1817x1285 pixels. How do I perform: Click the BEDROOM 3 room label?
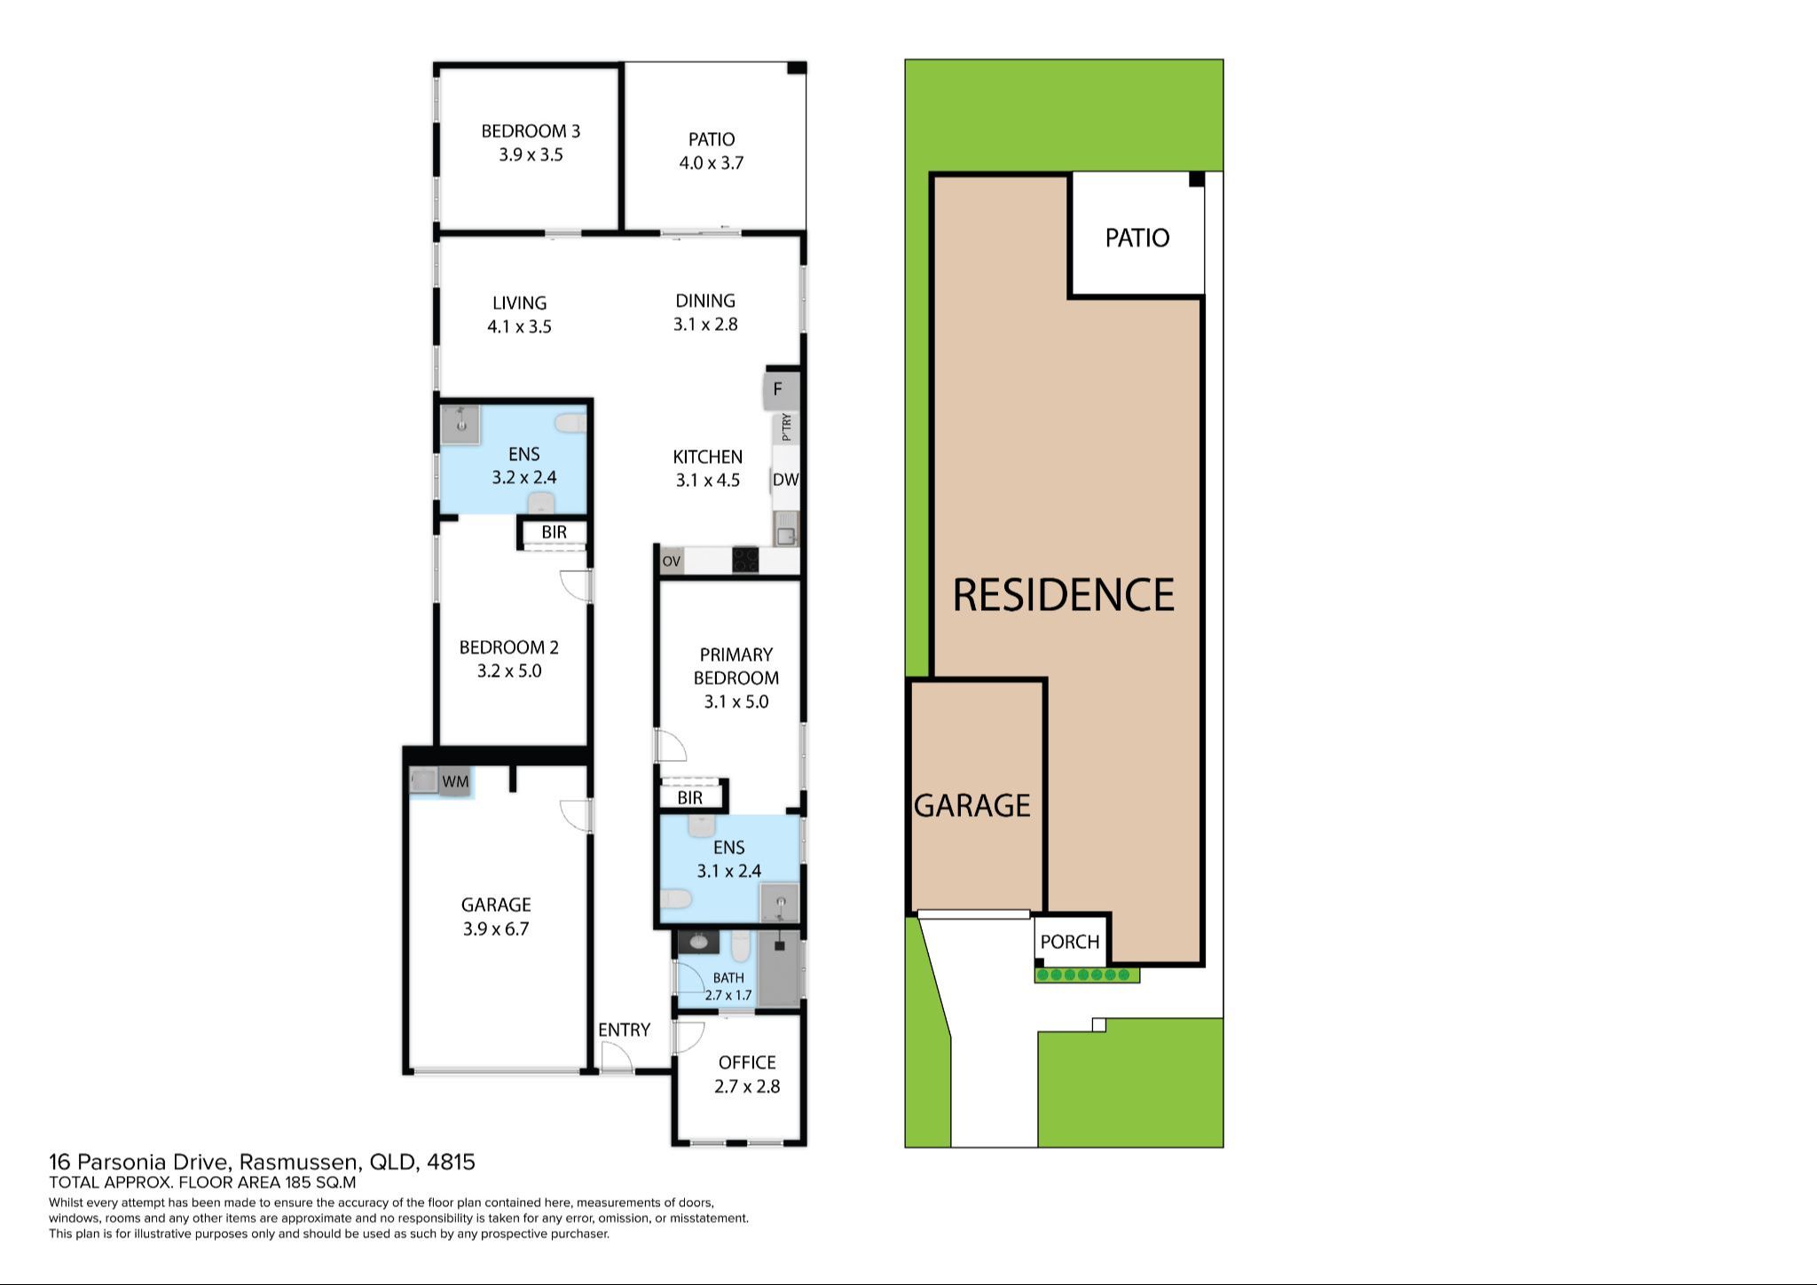[531, 132]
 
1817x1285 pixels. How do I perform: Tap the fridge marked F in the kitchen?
[778, 390]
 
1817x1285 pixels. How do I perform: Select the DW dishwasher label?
[785, 480]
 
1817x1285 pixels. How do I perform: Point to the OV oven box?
[672, 561]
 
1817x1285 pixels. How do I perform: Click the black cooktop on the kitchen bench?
[744, 560]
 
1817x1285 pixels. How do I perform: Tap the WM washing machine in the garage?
[455, 781]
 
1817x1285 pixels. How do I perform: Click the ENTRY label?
[624, 1030]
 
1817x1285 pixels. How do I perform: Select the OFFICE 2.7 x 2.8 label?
[747, 1074]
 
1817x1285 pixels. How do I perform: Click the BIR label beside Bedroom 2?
[554, 532]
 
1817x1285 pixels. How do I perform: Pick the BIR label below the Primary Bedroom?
[689, 798]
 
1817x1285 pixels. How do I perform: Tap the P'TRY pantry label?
[786, 428]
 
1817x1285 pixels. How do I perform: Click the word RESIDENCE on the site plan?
[1063, 595]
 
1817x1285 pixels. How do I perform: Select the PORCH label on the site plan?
[1069, 942]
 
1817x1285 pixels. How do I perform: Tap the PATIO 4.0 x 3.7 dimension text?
[711, 163]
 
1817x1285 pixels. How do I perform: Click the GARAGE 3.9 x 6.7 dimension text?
[495, 929]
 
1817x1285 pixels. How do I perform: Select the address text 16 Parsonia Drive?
[262, 1162]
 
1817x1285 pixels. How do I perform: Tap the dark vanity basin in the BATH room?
[701, 942]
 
